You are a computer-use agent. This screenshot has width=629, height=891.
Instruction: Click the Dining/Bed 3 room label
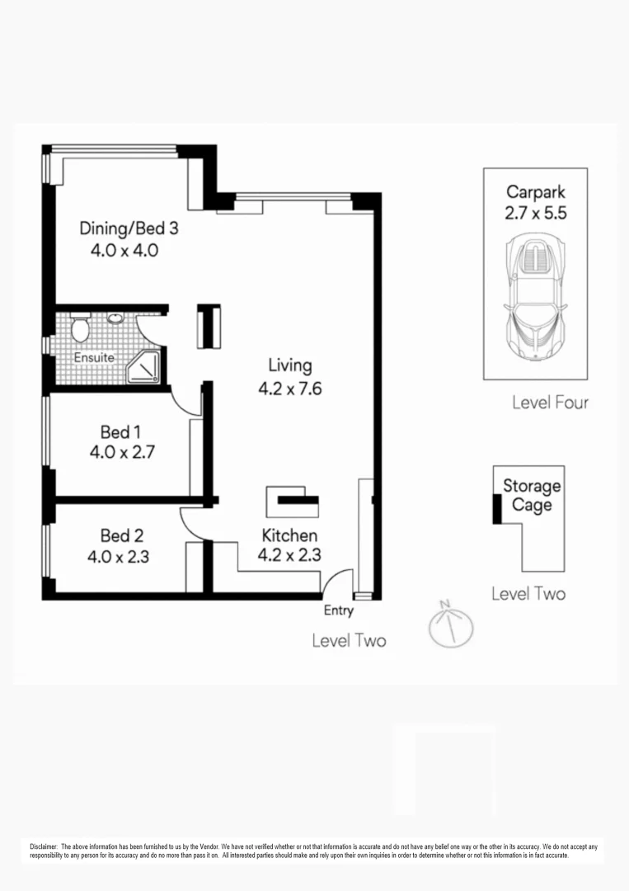click(x=129, y=229)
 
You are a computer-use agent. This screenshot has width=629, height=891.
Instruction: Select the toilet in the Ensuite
click(x=80, y=330)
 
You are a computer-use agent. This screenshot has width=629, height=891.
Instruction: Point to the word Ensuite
click(x=94, y=358)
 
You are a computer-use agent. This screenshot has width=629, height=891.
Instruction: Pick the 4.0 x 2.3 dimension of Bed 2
click(x=118, y=557)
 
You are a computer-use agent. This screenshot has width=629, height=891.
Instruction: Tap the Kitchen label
click(x=289, y=535)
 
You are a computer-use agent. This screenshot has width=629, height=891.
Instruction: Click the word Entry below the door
click(x=338, y=611)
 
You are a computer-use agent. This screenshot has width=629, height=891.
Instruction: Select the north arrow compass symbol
click(x=450, y=625)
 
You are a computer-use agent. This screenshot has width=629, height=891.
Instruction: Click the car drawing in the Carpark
click(x=535, y=297)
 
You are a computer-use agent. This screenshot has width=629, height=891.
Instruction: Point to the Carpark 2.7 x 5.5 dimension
click(x=536, y=213)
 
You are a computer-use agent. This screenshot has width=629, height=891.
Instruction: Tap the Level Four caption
click(x=550, y=403)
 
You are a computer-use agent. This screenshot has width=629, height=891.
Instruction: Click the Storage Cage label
click(x=532, y=495)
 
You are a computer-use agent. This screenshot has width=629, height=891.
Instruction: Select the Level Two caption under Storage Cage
click(x=528, y=593)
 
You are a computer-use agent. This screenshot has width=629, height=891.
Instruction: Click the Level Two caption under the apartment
click(x=349, y=640)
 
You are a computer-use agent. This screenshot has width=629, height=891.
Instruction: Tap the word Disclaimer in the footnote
click(x=43, y=847)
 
